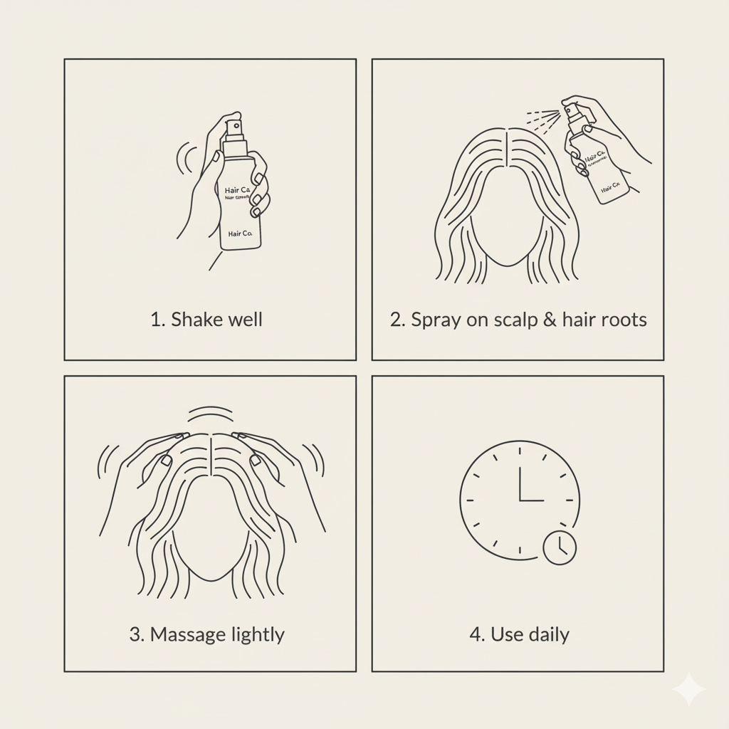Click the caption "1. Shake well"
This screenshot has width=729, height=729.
pyautogui.click(x=206, y=319)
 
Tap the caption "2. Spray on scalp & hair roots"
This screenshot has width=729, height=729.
pyautogui.click(x=518, y=319)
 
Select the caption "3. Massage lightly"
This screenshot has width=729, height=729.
pyautogui.click(x=206, y=634)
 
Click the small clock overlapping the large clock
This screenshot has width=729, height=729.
pyautogui.click(x=560, y=547)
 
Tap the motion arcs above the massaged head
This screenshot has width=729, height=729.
pyautogui.click(x=209, y=414)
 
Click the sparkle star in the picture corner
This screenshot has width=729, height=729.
pyautogui.click(x=688, y=689)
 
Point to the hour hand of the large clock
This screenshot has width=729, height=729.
pyautogui.click(x=520, y=485)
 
